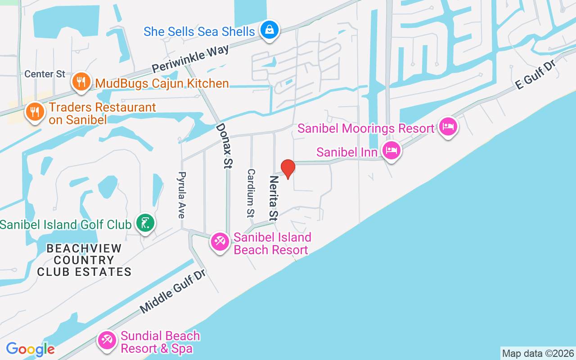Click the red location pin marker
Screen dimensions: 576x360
pyautogui.click(x=288, y=169)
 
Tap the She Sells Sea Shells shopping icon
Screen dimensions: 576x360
pyautogui.click(x=270, y=30)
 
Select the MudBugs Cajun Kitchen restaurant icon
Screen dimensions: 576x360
pyautogui.click(x=81, y=82)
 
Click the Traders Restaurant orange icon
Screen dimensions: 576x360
pyautogui.click(x=35, y=111)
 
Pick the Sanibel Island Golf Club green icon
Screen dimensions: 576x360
pyautogui.click(x=145, y=223)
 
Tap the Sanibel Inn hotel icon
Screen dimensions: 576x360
pyautogui.click(x=391, y=151)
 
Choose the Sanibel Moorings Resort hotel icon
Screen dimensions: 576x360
pyautogui.click(x=448, y=127)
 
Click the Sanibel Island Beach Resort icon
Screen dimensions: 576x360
pyautogui.click(x=220, y=242)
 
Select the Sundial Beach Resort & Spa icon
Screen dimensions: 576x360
pyautogui.click(x=107, y=340)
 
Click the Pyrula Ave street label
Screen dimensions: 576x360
pyautogui.click(x=182, y=195)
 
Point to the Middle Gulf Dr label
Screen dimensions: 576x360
pyautogui.click(x=172, y=291)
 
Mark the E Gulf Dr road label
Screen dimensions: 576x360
pyautogui.click(x=535, y=75)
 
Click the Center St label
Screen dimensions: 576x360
pyautogui.click(x=45, y=74)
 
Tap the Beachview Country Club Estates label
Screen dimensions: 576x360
pyautogui.click(x=84, y=260)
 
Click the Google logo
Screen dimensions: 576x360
pyautogui.click(x=30, y=349)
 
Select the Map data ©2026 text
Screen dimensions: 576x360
pyautogui.click(x=538, y=353)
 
